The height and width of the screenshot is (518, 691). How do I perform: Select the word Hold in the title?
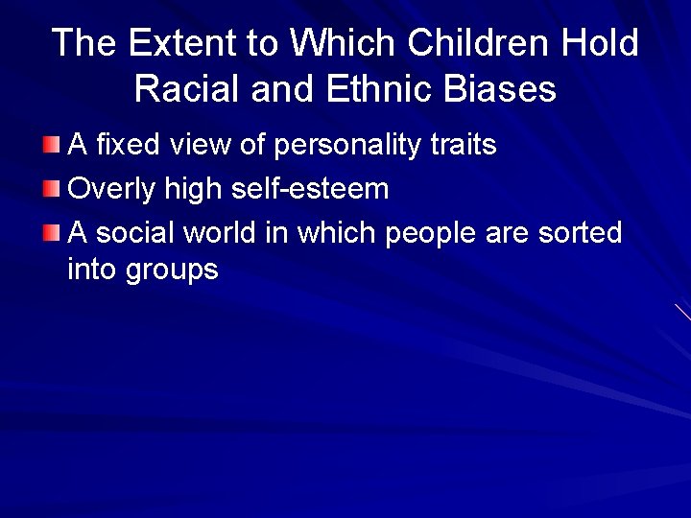pos(602,43)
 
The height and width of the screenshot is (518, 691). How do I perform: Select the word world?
pos(224,232)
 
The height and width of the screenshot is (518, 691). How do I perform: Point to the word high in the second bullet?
pos(193,189)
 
